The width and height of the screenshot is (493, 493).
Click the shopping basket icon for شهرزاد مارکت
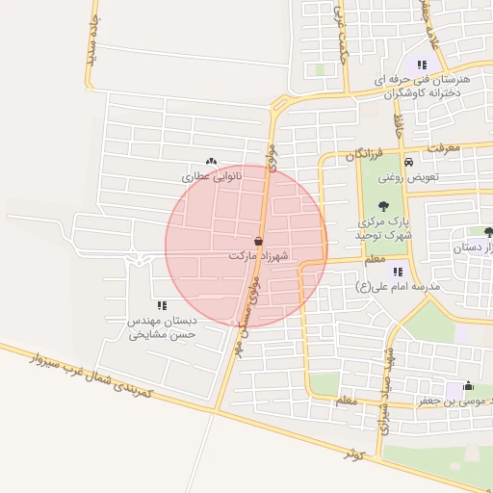[258, 241]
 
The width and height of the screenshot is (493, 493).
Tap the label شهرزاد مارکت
[259, 257]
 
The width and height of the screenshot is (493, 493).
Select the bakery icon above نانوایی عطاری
[211, 162]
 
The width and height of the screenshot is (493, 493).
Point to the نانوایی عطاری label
[212, 177]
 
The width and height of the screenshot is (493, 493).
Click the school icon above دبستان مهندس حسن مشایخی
[162, 305]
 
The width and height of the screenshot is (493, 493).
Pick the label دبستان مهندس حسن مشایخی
[163, 327]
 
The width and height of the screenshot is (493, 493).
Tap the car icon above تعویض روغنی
[409, 162]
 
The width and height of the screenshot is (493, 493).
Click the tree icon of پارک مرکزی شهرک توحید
[383, 205]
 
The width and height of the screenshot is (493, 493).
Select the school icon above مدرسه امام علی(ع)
[398, 272]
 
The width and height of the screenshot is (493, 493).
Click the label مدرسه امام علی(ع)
[397, 287]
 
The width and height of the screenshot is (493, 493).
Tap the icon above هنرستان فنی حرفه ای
[422, 65]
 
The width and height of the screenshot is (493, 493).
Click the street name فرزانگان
[366, 154]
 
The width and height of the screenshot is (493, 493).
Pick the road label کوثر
[355, 450]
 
